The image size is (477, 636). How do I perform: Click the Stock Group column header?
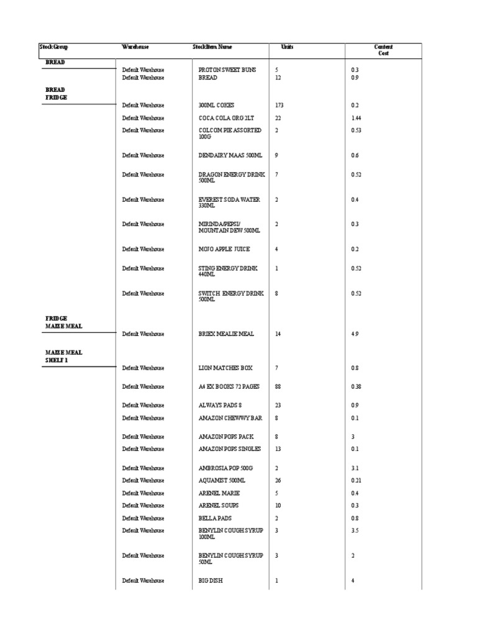53,47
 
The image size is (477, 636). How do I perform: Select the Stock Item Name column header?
212,47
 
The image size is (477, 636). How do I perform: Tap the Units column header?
287,47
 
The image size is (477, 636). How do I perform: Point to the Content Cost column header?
383,50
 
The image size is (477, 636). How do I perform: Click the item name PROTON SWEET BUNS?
227,70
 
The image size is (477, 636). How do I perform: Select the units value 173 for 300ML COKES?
279,106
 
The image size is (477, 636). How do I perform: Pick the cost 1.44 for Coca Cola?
356,118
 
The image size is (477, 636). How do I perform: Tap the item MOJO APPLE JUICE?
224,249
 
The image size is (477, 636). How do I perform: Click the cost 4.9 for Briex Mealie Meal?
355,334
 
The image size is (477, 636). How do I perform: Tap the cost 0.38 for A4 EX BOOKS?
356,387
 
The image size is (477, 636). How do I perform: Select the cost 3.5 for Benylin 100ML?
355,531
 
